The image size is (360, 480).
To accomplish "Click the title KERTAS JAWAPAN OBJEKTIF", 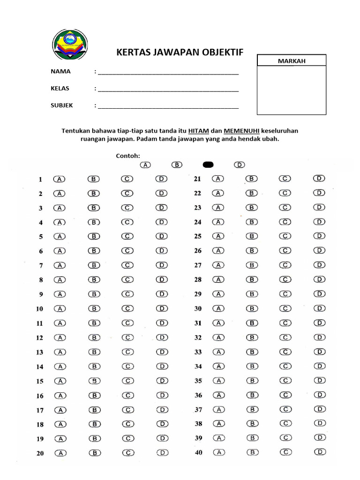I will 180,52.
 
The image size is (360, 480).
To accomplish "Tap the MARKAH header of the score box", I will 292,61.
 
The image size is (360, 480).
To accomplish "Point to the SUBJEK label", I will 62,105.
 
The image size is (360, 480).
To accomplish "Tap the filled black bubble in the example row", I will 208,165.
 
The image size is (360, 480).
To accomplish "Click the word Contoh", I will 128,156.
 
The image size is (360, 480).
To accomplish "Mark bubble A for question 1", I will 60,179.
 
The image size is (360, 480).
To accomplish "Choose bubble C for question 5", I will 127,236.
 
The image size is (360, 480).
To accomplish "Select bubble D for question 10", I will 161,308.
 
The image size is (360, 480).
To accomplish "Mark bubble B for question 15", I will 94,381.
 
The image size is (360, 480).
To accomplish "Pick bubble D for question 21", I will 319,178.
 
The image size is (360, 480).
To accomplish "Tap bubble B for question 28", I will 252,279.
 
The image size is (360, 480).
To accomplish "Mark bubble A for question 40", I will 218,452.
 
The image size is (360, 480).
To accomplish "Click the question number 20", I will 40,454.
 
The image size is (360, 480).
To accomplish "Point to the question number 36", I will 198,396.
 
